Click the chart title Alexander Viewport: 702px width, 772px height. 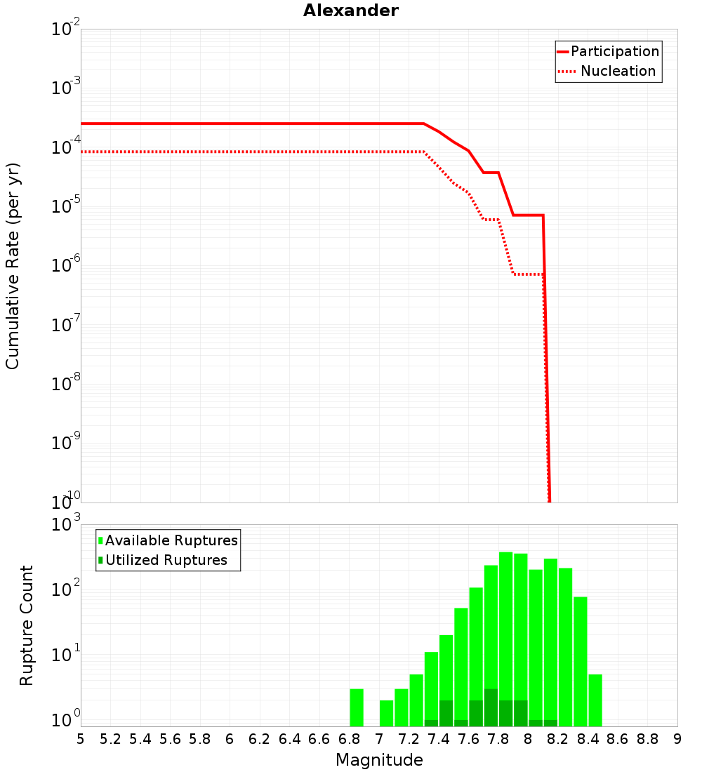(350, 11)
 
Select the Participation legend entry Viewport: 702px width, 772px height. (614, 51)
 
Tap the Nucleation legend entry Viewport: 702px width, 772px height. (618, 71)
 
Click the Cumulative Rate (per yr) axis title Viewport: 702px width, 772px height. (13, 266)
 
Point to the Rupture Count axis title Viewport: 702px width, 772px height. (27, 625)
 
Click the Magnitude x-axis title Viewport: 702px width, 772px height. (379, 760)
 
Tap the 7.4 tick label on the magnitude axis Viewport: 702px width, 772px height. (439, 739)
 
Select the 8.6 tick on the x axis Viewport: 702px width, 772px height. (618, 739)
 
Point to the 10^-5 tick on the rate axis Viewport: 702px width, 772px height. (66, 206)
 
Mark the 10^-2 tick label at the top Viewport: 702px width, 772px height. (66, 29)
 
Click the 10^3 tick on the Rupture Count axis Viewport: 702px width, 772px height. (66, 525)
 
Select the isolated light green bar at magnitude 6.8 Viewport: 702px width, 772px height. (357, 707)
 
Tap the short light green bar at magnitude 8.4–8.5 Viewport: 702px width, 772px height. (595, 700)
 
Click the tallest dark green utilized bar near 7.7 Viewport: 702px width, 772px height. (491, 707)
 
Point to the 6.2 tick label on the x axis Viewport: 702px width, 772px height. (260, 739)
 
